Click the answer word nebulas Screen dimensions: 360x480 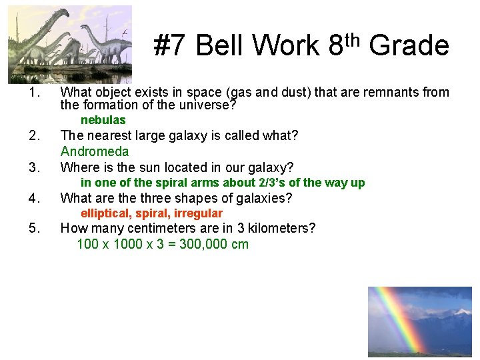tap(103, 120)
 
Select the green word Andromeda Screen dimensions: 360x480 tap(94, 151)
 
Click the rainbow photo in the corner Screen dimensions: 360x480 tap(419, 321)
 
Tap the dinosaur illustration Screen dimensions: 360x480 tap(70, 44)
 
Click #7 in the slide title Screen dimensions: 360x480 tap(171, 46)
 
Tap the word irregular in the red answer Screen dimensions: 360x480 tap(198, 213)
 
